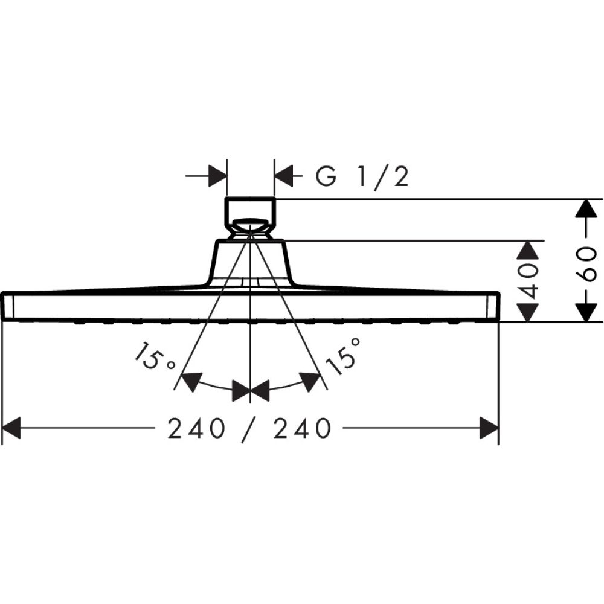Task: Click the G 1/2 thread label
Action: coord(363,177)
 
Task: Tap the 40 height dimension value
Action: coord(530,281)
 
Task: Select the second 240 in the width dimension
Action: coord(303,429)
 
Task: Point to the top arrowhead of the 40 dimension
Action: coord(529,250)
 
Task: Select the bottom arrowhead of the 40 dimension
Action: coord(529,312)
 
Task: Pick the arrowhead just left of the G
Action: coord(284,176)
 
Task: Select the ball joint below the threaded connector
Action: coord(250,227)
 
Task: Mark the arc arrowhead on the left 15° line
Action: coord(191,381)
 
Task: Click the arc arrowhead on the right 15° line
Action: coord(310,381)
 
